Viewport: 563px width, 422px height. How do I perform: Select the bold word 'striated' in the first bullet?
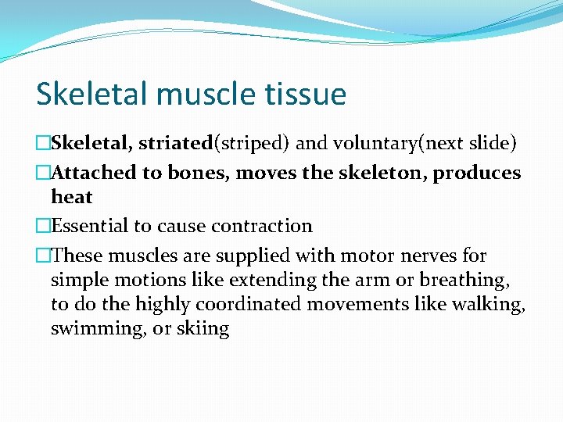coord(177,143)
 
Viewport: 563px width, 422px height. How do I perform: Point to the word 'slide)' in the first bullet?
coord(491,143)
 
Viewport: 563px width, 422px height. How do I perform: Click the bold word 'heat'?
coord(72,197)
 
